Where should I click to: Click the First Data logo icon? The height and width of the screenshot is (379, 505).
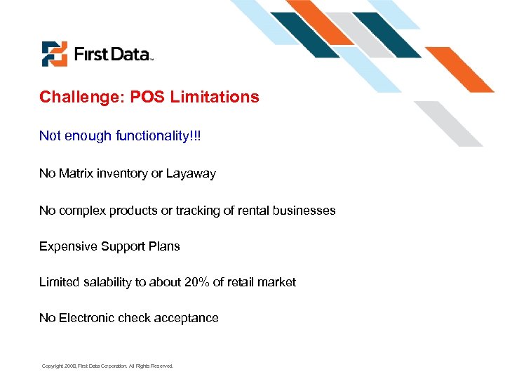[x=54, y=53]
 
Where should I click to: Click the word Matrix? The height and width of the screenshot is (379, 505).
[x=76, y=173]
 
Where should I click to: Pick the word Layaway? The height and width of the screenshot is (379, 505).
[x=191, y=173]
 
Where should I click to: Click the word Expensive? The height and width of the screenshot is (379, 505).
[x=68, y=246]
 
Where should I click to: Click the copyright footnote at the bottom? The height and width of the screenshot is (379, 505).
[x=107, y=366]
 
